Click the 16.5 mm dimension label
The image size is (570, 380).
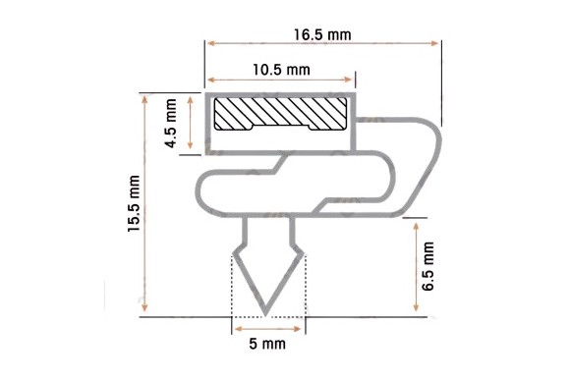click(x=322, y=35)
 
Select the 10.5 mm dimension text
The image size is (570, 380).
click(x=281, y=70)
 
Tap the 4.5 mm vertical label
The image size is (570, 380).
click(x=170, y=123)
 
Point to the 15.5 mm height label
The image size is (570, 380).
click(x=134, y=203)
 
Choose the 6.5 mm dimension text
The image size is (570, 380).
click(x=427, y=266)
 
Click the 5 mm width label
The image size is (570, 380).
click(x=267, y=344)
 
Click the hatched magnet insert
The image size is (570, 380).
click(x=280, y=114)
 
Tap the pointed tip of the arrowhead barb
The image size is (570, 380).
click(x=266, y=315)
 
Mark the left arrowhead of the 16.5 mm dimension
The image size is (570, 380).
click(x=211, y=43)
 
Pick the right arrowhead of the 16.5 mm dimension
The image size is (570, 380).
click(x=434, y=43)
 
